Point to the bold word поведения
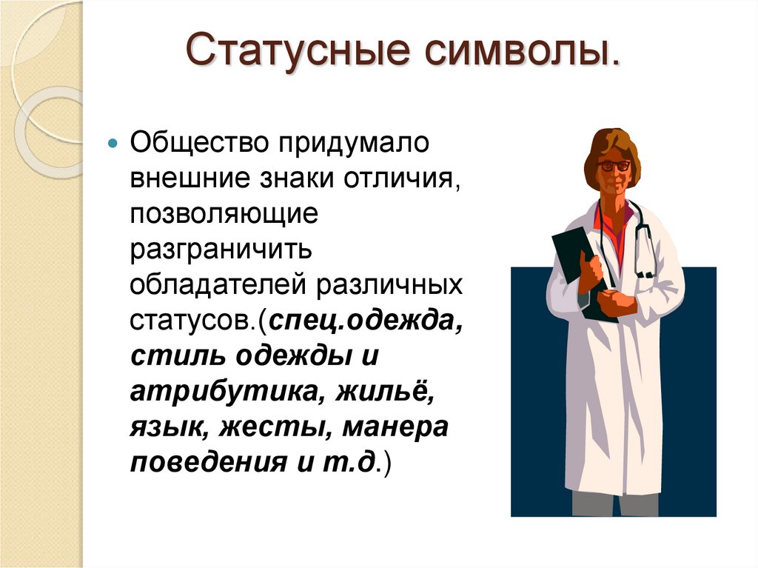[x=194, y=464]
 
